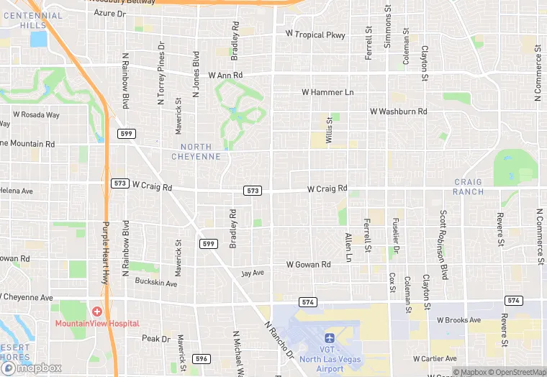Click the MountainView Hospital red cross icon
96,311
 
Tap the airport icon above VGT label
330,337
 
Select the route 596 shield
202,358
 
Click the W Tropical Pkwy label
315,35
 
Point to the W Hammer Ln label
327,92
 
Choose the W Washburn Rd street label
398,112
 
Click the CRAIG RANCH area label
468,187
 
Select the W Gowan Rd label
308,265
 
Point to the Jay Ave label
253,273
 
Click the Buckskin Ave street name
155,283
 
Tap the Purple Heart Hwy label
105,245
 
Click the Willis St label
329,130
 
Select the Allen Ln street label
348,247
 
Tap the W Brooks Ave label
455,320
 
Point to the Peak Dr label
155,338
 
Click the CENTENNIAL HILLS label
32,20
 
